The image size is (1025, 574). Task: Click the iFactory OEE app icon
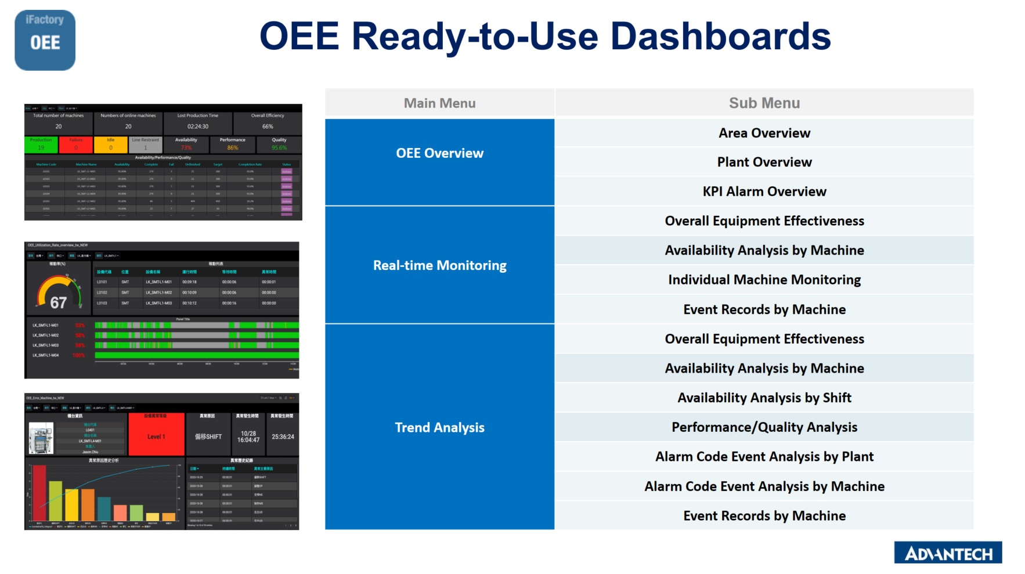pos(45,40)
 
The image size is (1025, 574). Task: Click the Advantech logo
pos(947,553)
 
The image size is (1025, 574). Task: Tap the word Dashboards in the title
pos(720,36)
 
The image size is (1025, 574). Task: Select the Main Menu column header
pos(439,103)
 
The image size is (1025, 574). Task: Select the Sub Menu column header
pos(764,103)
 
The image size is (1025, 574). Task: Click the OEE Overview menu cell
pos(439,153)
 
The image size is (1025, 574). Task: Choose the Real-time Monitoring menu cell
pos(439,265)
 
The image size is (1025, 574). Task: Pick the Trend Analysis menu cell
pos(439,427)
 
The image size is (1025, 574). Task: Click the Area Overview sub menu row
pos(764,133)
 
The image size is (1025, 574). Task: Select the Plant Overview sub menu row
pos(764,162)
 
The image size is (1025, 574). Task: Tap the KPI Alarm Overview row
pos(764,192)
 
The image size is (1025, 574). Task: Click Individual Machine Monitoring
pos(764,280)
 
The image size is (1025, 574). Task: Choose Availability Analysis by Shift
pos(764,398)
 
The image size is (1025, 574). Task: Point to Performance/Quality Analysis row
pos(764,427)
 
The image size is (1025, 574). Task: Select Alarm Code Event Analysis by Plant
pos(764,457)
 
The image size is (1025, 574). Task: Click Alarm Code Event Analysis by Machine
pos(764,486)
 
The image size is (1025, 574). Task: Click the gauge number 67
pos(58,302)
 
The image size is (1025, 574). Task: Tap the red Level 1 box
pos(156,436)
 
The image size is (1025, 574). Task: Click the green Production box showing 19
pos(41,145)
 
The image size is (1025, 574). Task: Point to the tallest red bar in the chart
pos(39,492)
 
